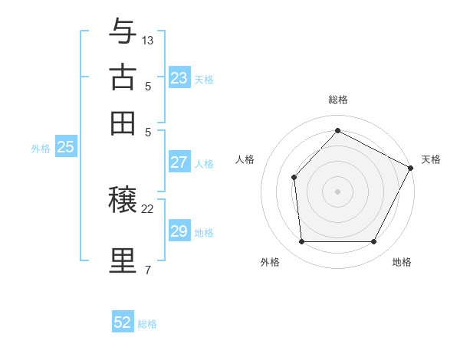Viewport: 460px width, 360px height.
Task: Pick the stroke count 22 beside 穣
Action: coord(148,208)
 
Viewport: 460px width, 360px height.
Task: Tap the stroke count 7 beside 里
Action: coord(147,270)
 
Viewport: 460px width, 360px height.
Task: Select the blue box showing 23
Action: coord(179,78)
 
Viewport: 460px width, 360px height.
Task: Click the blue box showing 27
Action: coord(179,162)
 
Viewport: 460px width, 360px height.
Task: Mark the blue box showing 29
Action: coord(179,231)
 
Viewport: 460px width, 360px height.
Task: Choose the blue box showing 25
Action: coord(65,147)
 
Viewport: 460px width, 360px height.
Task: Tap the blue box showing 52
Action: coord(123,322)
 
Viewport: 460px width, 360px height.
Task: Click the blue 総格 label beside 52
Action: coord(147,324)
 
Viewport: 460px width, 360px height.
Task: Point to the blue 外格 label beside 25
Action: coord(41,149)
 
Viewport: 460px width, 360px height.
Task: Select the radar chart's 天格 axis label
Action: coord(431,159)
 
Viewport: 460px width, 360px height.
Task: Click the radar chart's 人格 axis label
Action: coord(245,159)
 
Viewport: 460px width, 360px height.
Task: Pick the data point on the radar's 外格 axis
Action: coord(301,242)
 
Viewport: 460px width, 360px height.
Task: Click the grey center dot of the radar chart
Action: coord(337,191)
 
